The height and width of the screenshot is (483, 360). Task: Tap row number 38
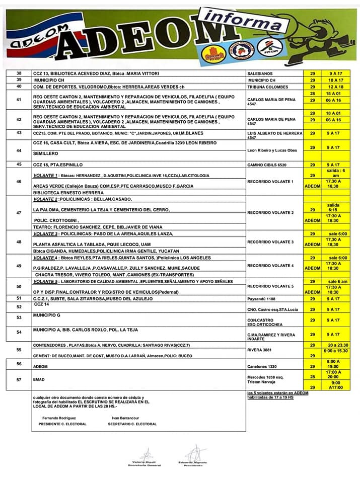[x=19, y=73]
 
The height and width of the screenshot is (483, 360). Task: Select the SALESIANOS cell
[x=260, y=74]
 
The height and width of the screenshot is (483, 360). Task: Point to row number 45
[x=19, y=164]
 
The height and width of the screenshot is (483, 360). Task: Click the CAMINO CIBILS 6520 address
[x=267, y=165]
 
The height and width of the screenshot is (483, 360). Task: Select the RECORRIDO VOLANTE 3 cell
[x=271, y=242]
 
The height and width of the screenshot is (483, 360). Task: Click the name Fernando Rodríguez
[x=59, y=418]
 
